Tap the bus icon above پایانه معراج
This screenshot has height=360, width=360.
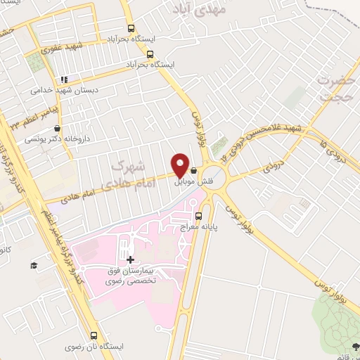tap(198, 216)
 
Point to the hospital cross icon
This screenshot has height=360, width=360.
tap(130, 260)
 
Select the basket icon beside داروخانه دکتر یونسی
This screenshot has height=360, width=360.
tap(57, 128)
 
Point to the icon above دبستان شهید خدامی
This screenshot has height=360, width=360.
tap(63, 79)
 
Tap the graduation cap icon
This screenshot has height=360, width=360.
tap(33, 264)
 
